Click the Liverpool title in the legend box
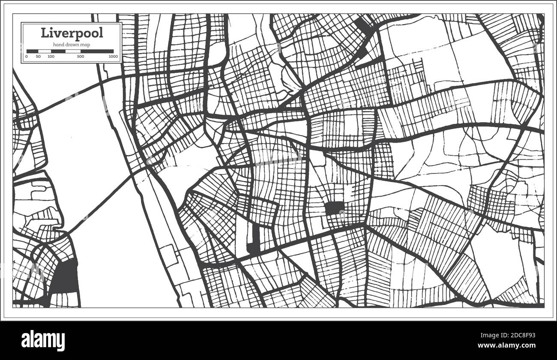[72, 33]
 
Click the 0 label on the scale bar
[27, 57]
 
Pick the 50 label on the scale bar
[38, 57]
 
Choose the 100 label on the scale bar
[51, 57]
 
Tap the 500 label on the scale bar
[80, 57]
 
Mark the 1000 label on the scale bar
[113, 57]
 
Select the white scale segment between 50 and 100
[45, 51]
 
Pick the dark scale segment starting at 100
[58, 51]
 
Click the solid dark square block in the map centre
[335, 209]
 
